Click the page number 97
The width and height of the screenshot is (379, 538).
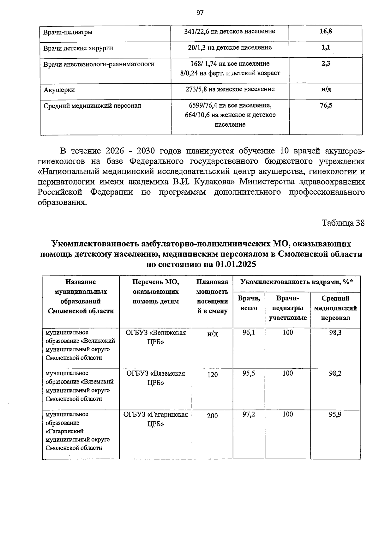tap(200, 13)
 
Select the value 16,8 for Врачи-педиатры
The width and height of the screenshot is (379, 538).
tap(326, 31)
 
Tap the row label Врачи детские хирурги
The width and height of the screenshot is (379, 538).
tap(78, 48)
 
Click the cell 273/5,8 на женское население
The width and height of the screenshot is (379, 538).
tap(230, 89)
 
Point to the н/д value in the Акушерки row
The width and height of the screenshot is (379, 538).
tap(326, 89)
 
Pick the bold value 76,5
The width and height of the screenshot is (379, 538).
tap(326, 106)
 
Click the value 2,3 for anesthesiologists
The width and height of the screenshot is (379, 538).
tap(326, 63)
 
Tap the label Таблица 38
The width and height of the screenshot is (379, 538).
tap(343, 223)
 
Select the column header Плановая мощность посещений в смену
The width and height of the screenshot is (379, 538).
tap(212, 296)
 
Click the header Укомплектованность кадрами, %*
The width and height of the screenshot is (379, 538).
tap(296, 282)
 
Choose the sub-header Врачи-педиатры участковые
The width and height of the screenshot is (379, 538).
tap(288, 308)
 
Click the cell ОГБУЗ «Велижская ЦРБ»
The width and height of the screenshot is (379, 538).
tap(155, 337)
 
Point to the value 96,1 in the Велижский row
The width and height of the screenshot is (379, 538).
tap(249, 332)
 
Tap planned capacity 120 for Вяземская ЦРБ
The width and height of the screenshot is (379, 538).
tap(212, 375)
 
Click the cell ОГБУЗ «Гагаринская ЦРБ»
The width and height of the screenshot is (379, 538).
tap(155, 419)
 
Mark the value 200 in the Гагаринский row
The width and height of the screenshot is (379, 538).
tap(212, 416)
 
